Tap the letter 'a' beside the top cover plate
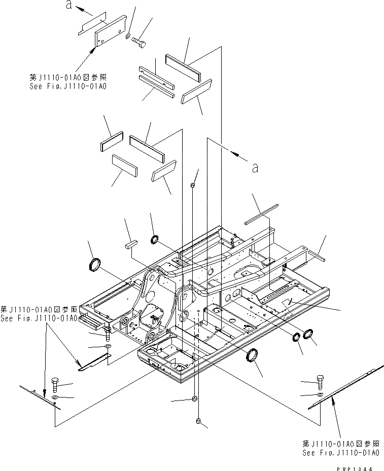click(67, 5)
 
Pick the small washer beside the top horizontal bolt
click(127, 37)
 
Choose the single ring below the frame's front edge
click(252, 355)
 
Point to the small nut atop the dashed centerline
click(193, 186)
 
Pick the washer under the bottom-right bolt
click(319, 394)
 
